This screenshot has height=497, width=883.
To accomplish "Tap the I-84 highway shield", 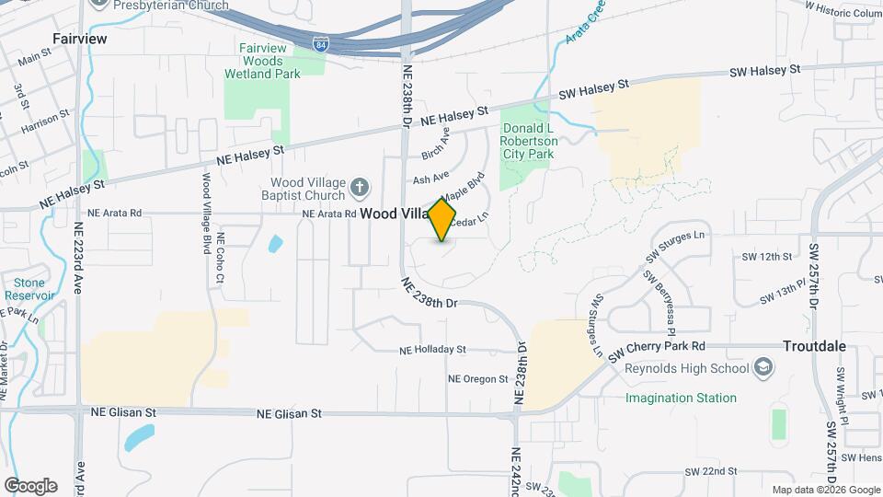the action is coord(318,43).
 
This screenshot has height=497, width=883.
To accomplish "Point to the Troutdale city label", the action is coord(814,347).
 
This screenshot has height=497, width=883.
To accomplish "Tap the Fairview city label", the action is coord(80,39).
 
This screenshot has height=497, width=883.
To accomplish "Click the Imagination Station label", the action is coord(681,399).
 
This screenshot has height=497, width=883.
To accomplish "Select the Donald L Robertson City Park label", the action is coord(529,142).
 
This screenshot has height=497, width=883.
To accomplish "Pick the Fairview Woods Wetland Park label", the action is coord(262,61).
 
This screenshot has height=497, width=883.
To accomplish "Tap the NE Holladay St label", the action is coord(433,351).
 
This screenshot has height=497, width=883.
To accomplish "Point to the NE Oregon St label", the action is coord(477,379).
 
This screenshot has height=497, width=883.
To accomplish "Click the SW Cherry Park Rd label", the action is coord(664,347).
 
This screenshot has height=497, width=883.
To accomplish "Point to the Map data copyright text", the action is coord(825,490).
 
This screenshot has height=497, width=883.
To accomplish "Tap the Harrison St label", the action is coord(46,120).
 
